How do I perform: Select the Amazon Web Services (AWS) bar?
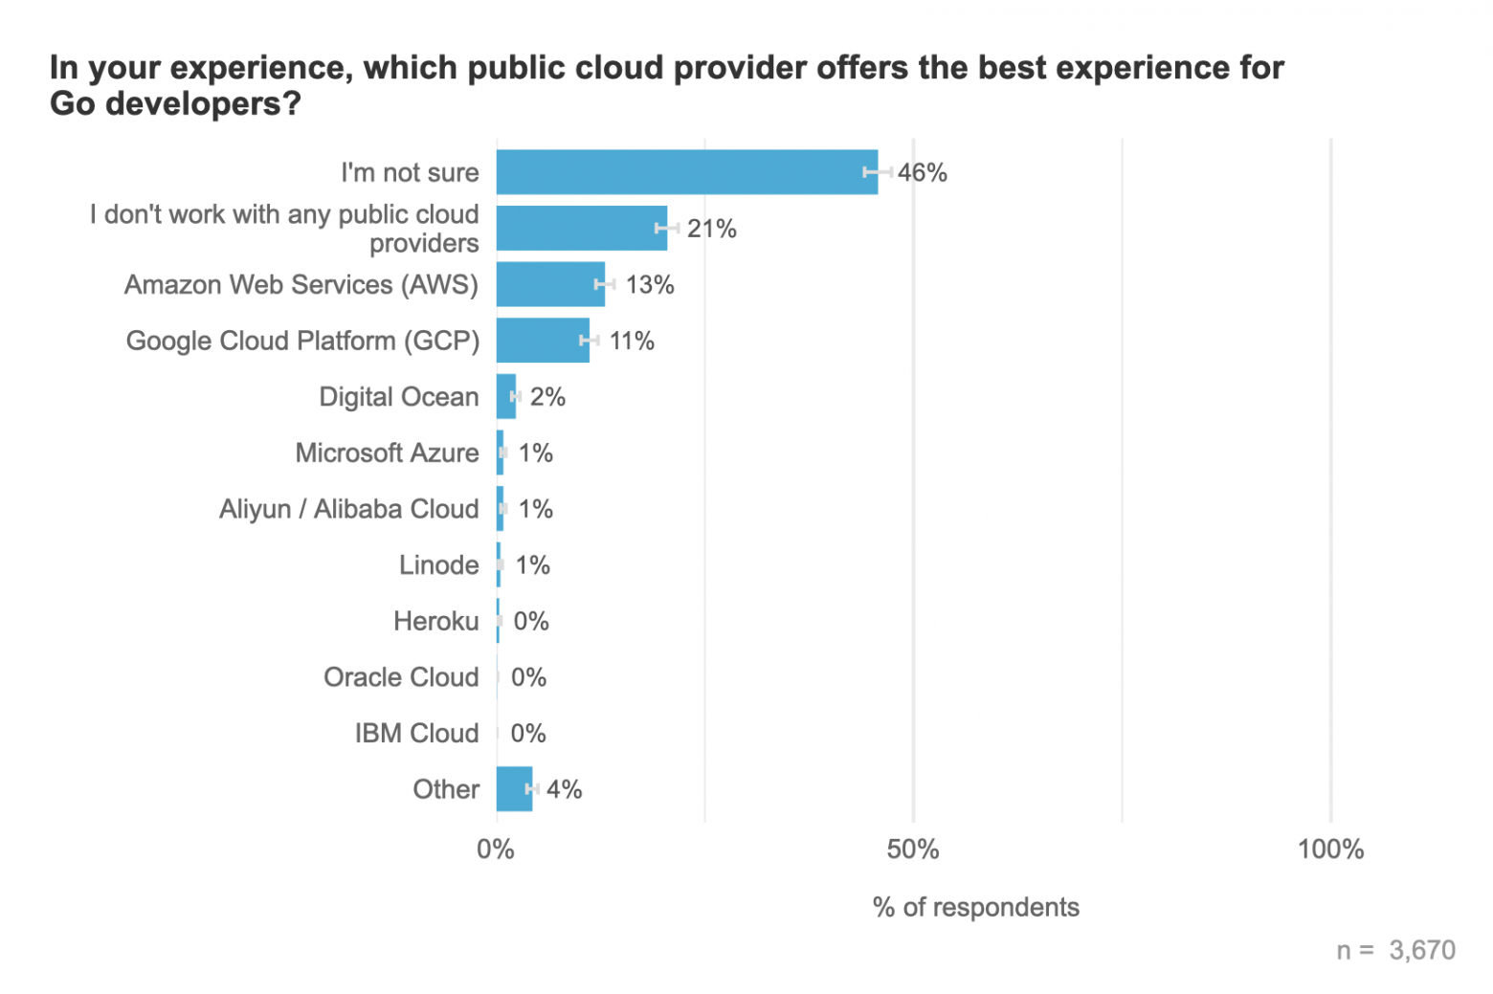click(550, 284)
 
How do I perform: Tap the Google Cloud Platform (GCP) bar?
click(543, 341)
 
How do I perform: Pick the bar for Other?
click(514, 789)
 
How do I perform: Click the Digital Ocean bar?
click(506, 396)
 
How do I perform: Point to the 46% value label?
click(923, 173)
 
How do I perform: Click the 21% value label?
click(712, 229)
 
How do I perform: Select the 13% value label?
click(650, 285)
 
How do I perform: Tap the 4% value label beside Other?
click(565, 789)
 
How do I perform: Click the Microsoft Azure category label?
click(387, 453)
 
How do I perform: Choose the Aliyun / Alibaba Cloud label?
click(348, 509)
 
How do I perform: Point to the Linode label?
click(438, 565)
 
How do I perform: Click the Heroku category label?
click(435, 622)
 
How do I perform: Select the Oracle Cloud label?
click(401, 677)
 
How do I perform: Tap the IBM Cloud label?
click(416, 734)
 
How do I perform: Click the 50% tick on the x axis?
click(913, 850)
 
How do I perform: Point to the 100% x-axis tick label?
click(1330, 850)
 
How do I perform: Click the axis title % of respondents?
click(975, 907)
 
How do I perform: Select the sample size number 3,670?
click(1422, 950)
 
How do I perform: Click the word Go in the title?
click(73, 103)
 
